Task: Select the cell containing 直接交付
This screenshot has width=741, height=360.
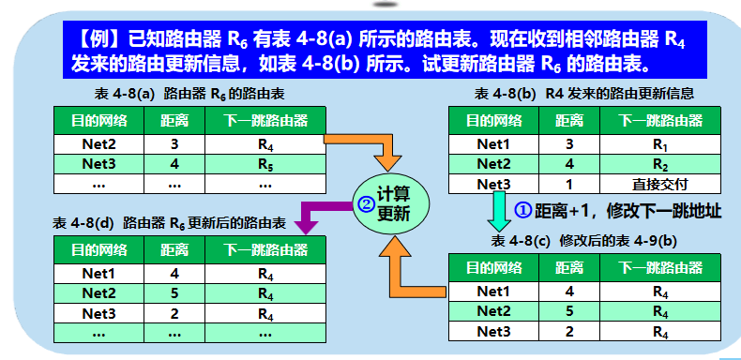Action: (662, 184)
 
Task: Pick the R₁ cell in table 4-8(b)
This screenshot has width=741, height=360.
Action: (662, 144)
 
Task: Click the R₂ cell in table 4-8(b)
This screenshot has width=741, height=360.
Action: (662, 164)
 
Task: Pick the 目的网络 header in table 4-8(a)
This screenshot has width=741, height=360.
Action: (99, 121)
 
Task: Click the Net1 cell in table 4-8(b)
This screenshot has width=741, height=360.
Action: (493, 144)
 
